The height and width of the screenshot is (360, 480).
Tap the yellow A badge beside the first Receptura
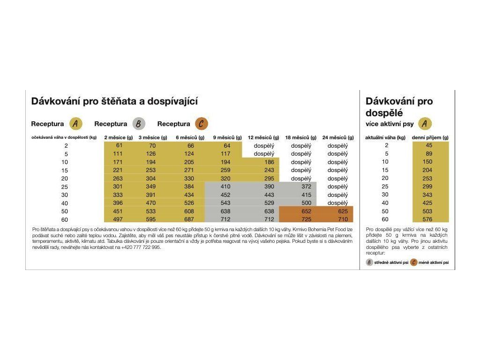point(75,124)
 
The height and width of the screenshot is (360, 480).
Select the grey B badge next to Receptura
point(139,124)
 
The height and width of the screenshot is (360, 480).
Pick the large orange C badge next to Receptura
point(202,124)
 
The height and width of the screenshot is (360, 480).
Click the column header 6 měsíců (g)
point(190,137)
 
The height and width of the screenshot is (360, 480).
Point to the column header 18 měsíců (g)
point(300,137)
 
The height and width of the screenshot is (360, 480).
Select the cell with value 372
point(306,187)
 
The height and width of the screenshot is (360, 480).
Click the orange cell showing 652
point(306,211)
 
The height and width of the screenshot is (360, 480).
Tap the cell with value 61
point(119,145)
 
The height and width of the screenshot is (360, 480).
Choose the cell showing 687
point(189,219)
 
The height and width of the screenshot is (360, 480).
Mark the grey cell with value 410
point(225,187)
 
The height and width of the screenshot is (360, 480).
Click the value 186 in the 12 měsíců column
point(270,162)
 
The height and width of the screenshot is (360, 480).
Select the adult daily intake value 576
point(427,219)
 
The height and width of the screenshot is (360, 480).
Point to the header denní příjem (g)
point(430,137)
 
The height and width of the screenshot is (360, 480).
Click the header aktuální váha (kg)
point(385,137)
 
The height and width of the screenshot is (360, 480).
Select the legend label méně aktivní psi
point(434,262)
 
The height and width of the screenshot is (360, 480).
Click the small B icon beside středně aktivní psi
point(369,262)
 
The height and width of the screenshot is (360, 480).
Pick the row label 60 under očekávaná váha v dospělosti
point(65,220)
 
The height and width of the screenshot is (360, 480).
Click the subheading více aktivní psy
point(390,124)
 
